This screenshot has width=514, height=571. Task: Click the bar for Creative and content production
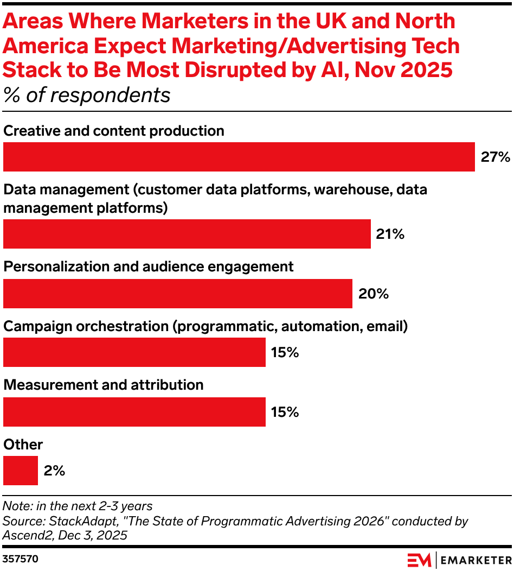point(239,157)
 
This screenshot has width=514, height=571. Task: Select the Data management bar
point(187,234)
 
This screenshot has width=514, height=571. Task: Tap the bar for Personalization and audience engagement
point(177,294)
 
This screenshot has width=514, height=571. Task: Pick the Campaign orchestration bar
point(134,352)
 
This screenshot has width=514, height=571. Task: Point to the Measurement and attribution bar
point(134,411)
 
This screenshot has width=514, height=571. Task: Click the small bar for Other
point(21,471)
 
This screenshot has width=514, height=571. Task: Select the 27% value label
point(495,157)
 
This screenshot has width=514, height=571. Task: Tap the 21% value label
point(390,234)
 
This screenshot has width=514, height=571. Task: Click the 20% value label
point(373,294)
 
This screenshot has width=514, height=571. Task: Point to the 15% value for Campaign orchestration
point(285,353)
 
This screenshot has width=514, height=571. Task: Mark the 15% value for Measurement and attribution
point(285,412)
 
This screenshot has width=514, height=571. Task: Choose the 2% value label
point(54,471)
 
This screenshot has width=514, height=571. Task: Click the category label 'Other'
point(23,445)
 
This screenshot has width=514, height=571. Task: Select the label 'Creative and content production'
point(114,131)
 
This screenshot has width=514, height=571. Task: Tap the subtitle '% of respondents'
point(87,95)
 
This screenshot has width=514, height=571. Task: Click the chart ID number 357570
point(21,559)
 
